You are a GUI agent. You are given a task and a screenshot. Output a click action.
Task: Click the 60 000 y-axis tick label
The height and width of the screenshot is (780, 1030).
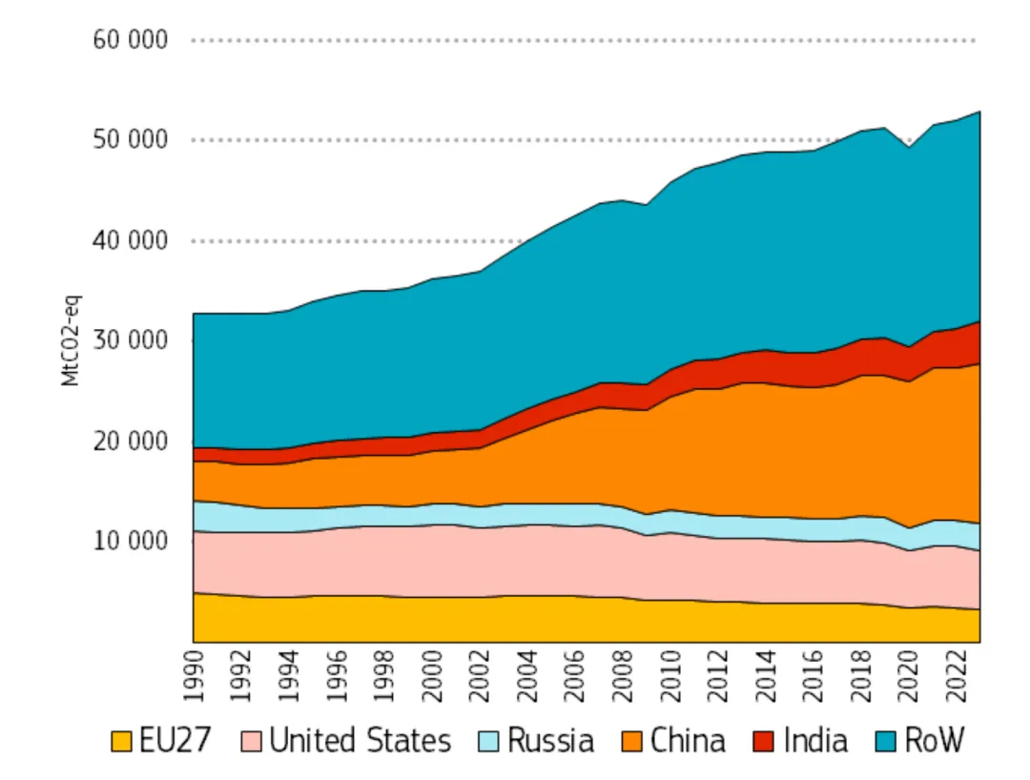pyautogui.click(x=130, y=40)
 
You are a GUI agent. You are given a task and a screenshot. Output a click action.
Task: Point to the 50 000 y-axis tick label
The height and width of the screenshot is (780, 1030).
pyautogui.click(x=130, y=140)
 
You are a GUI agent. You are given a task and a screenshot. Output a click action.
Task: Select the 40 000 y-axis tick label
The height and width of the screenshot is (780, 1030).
pyautogui.click(x=130, y=240)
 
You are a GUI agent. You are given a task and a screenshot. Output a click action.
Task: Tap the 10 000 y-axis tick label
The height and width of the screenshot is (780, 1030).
pyautogui.click(x=130, y=541)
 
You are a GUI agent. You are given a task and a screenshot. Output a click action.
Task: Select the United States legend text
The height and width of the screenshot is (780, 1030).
pyautogui.click(x=360, y=741)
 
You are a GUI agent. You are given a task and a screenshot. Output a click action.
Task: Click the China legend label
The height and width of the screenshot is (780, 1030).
pyautogui.click(x=689, y=741)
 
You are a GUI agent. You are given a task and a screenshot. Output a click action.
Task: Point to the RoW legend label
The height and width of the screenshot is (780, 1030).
pyautogui.click(x=936, y=741)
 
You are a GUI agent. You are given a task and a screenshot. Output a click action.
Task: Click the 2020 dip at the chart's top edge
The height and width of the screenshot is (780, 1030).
pyautogui.click(x=909, y=148)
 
